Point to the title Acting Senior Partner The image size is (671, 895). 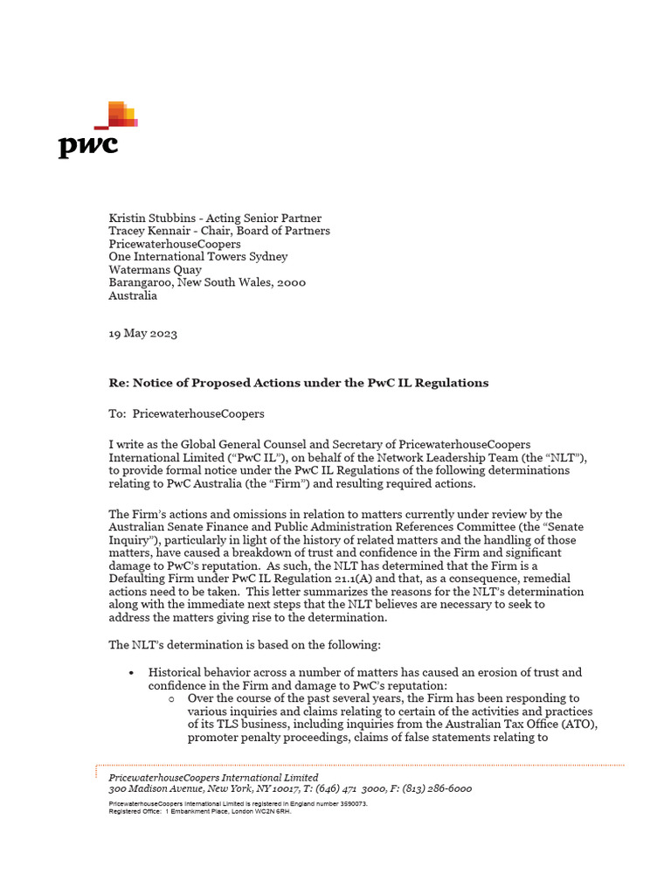click(x=264, y=218)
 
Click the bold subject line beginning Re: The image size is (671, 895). click(x=298, y=383)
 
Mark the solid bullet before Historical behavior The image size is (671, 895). click(x=130, y=673)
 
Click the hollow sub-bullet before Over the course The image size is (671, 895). click(x=170, y=699)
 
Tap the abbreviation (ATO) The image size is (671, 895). click(x=582, y=725)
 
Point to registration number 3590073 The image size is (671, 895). click(x=348, y=802)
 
